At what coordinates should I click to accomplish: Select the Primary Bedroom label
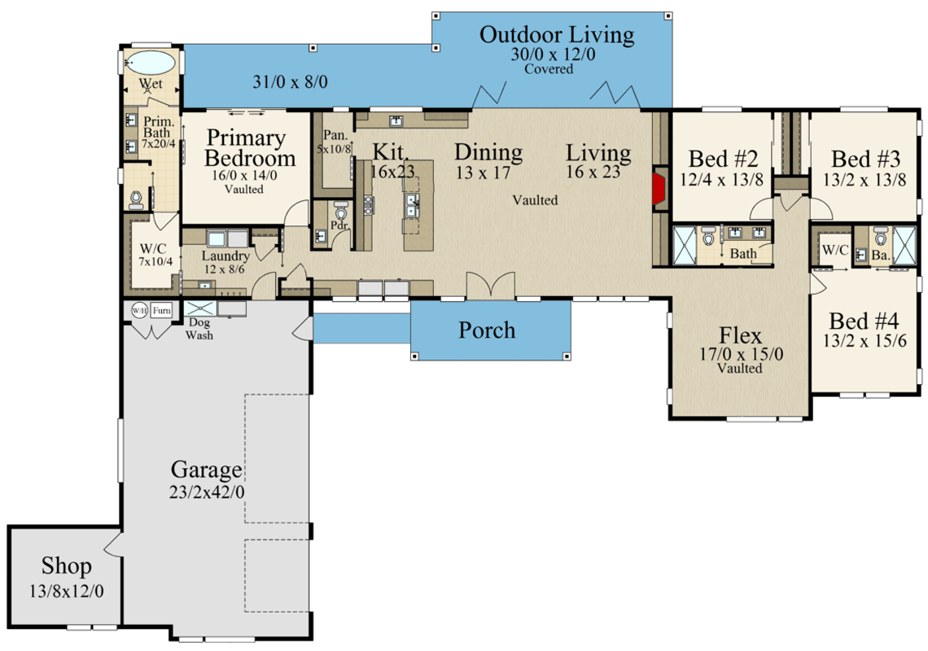click(246, 147)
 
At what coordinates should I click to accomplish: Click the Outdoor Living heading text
click(556, 36)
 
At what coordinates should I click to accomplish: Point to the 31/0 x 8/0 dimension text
click(290, 81)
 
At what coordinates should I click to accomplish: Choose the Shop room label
click(67, 566)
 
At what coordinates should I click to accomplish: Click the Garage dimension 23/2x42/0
click(208, 492)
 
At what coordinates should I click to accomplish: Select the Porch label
click(487, 330)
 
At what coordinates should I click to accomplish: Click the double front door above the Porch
click(490, 286)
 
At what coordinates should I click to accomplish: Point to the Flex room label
click(741, 335)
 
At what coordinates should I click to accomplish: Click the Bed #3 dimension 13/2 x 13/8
click(865, 181)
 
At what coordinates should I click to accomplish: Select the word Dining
click(488, 152)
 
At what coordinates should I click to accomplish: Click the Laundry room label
click(225, 256)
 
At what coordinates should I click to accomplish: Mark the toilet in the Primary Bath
click(137, 199)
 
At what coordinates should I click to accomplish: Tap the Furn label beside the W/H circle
click(162, 310)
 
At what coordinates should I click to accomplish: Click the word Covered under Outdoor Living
click(548, 69)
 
